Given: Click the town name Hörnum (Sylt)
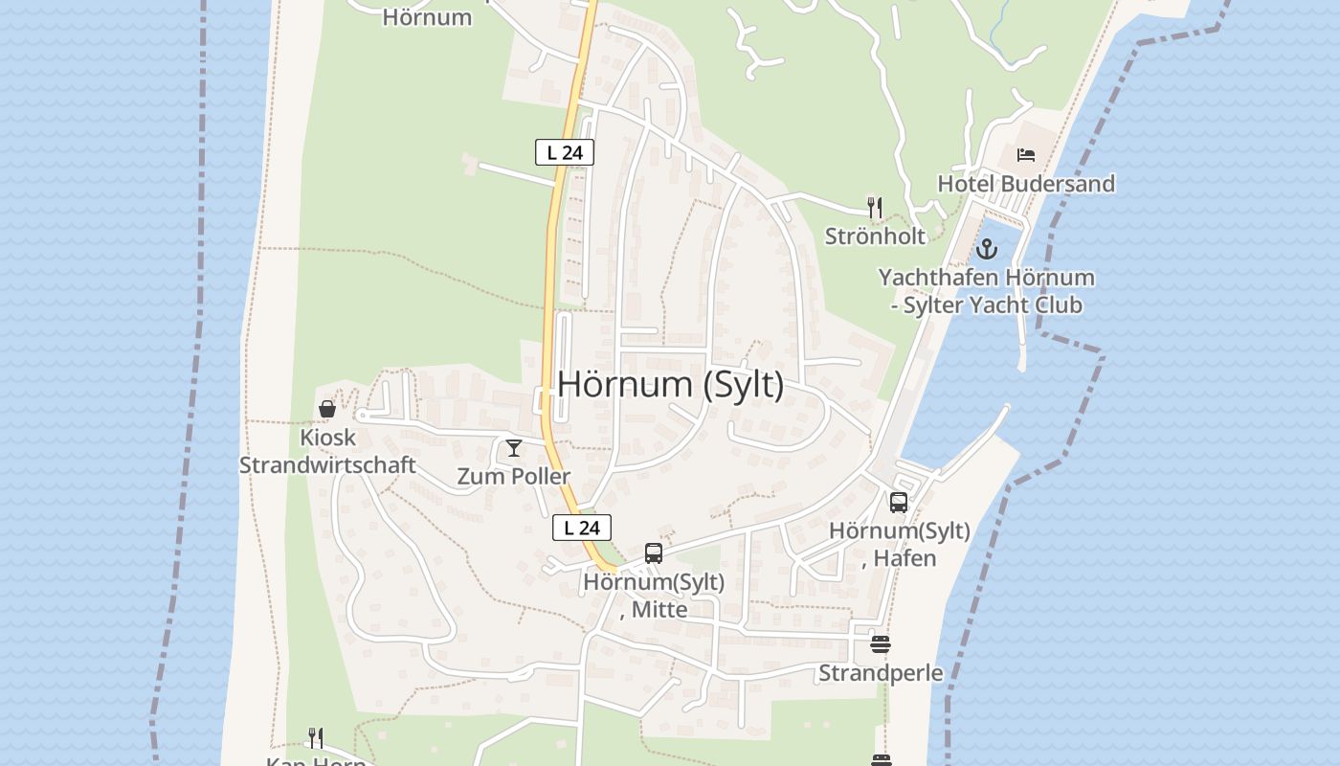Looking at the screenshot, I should pos(670,385).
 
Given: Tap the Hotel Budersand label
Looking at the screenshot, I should pos(1026,184).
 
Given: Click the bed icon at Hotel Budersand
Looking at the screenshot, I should pos(1026,154).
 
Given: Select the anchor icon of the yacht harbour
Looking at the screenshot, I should pos(986,251).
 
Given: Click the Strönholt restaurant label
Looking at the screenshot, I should pos(876,237).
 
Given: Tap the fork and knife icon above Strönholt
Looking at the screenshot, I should pos(874,207).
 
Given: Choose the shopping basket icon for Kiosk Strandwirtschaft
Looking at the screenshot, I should pos(327,409).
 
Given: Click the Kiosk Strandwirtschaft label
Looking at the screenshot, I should pos(327,452).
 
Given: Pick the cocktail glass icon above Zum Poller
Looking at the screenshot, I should pos(514,447).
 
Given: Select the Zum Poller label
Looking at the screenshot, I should pos(514,477).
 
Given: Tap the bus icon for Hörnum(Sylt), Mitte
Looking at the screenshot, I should pos(654,552).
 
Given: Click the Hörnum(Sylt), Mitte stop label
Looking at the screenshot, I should pos(654,596).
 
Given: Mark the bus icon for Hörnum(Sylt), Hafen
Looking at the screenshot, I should pos(898,503).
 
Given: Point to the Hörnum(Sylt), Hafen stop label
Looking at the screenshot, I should pos(899,544).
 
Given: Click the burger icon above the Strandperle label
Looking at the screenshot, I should pos(881,644).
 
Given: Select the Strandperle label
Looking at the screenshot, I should pos(881,674).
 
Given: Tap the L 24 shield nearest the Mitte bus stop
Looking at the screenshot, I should pos(582,528).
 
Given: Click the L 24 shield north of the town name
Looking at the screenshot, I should pos(565,152).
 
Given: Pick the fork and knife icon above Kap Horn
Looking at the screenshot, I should pos(315,737).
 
